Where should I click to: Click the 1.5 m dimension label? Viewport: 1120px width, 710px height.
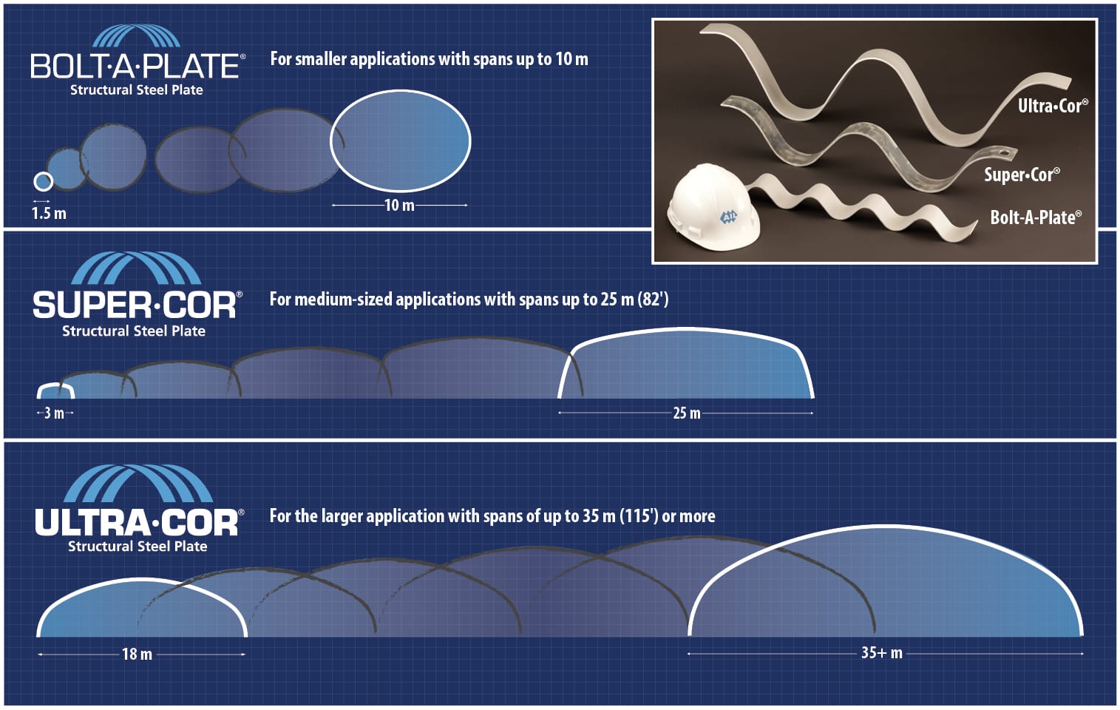[x=49, y=214]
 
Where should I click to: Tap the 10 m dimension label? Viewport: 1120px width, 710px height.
[x=399, y=205]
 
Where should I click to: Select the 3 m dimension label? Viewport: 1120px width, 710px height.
[x=54, y=413]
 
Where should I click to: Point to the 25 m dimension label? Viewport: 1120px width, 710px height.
[x=686, y=413]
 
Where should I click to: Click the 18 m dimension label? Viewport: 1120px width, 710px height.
[x=137, y=654]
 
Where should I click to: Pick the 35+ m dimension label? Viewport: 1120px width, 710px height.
[x=881, y=653]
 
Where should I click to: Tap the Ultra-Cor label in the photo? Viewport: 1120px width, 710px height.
[x=1052, y=106]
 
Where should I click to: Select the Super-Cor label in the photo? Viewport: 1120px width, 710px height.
[x=1021, y=175]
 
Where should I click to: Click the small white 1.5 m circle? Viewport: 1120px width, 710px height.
[x=44, y=181]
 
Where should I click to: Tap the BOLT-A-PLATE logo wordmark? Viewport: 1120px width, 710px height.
[x=136, y=67]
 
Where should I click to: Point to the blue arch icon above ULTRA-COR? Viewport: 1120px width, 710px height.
[x=138, y=484]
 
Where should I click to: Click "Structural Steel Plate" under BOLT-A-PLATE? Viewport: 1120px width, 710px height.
[x=136, y=90]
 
